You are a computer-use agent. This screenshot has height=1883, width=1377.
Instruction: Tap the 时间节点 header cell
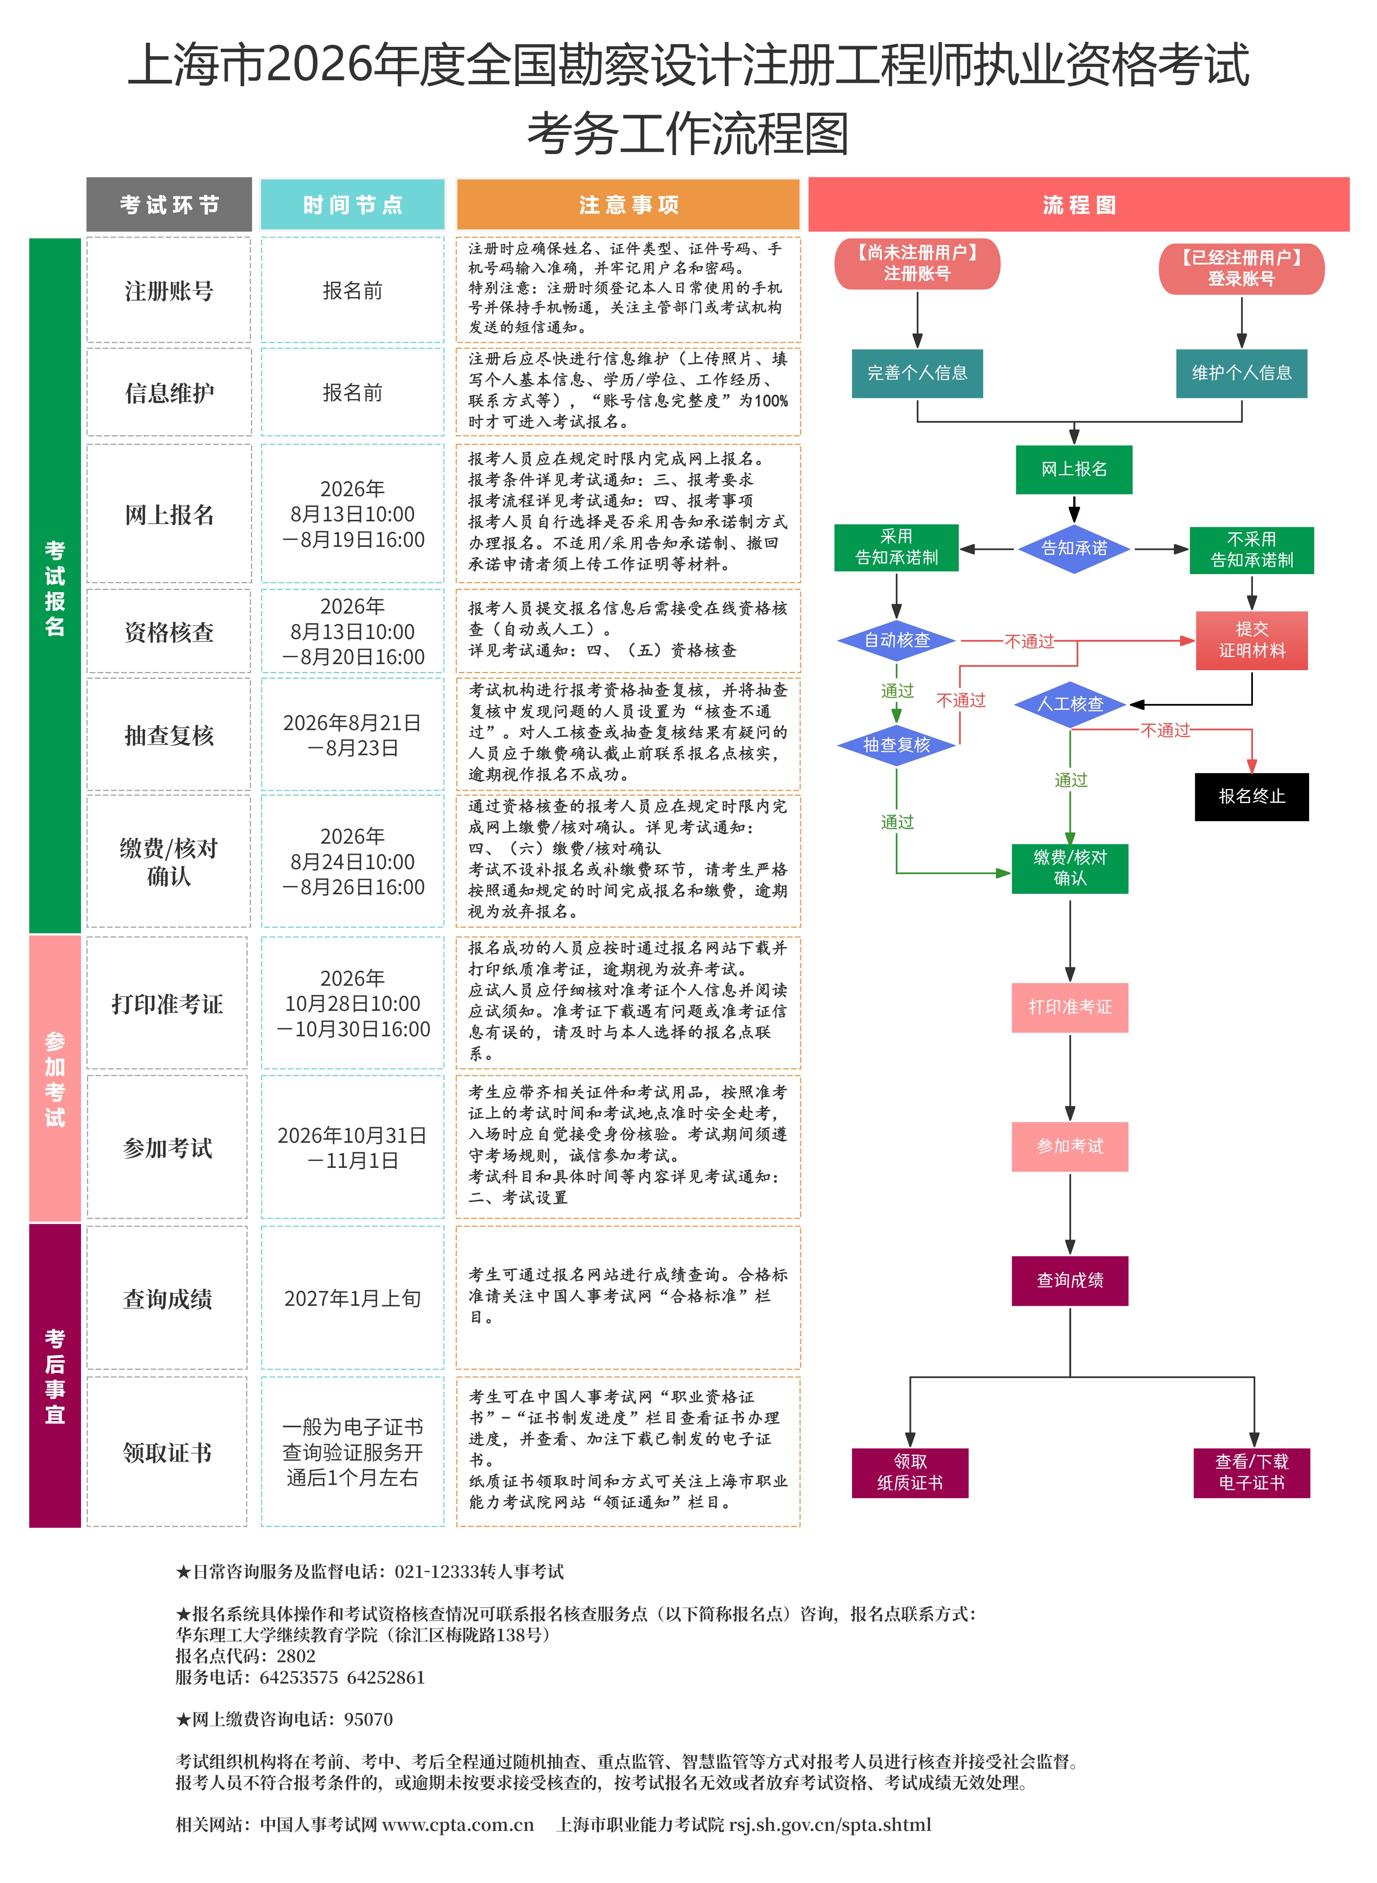pos(352,204)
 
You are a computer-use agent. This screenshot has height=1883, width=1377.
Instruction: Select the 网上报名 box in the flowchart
pos(1074,469)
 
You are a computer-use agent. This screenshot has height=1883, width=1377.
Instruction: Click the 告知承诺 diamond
pos(1074,548)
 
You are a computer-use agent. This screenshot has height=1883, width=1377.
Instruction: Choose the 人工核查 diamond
pos(1070,704)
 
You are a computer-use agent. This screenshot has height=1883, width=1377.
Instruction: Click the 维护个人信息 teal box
pos(1241,373)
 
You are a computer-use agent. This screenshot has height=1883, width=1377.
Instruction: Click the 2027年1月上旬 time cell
pos(352,1298)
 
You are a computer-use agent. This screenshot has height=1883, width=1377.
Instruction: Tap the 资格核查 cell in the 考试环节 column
pos(169,632)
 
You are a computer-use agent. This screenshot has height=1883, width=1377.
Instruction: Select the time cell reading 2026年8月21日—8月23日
pos(352,735)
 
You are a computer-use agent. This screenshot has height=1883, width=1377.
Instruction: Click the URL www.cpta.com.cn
pos(457,1825)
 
